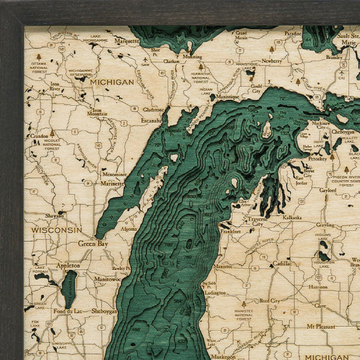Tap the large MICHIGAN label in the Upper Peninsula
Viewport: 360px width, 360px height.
[112, 82]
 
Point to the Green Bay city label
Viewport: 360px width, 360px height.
[93, 243]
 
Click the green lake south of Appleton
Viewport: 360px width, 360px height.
[68, 289]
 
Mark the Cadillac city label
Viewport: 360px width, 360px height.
[282, 263]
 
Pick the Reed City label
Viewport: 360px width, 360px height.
[269, 300]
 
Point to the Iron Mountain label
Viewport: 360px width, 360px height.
[97, 112]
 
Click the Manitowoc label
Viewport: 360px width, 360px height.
[107, 279]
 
